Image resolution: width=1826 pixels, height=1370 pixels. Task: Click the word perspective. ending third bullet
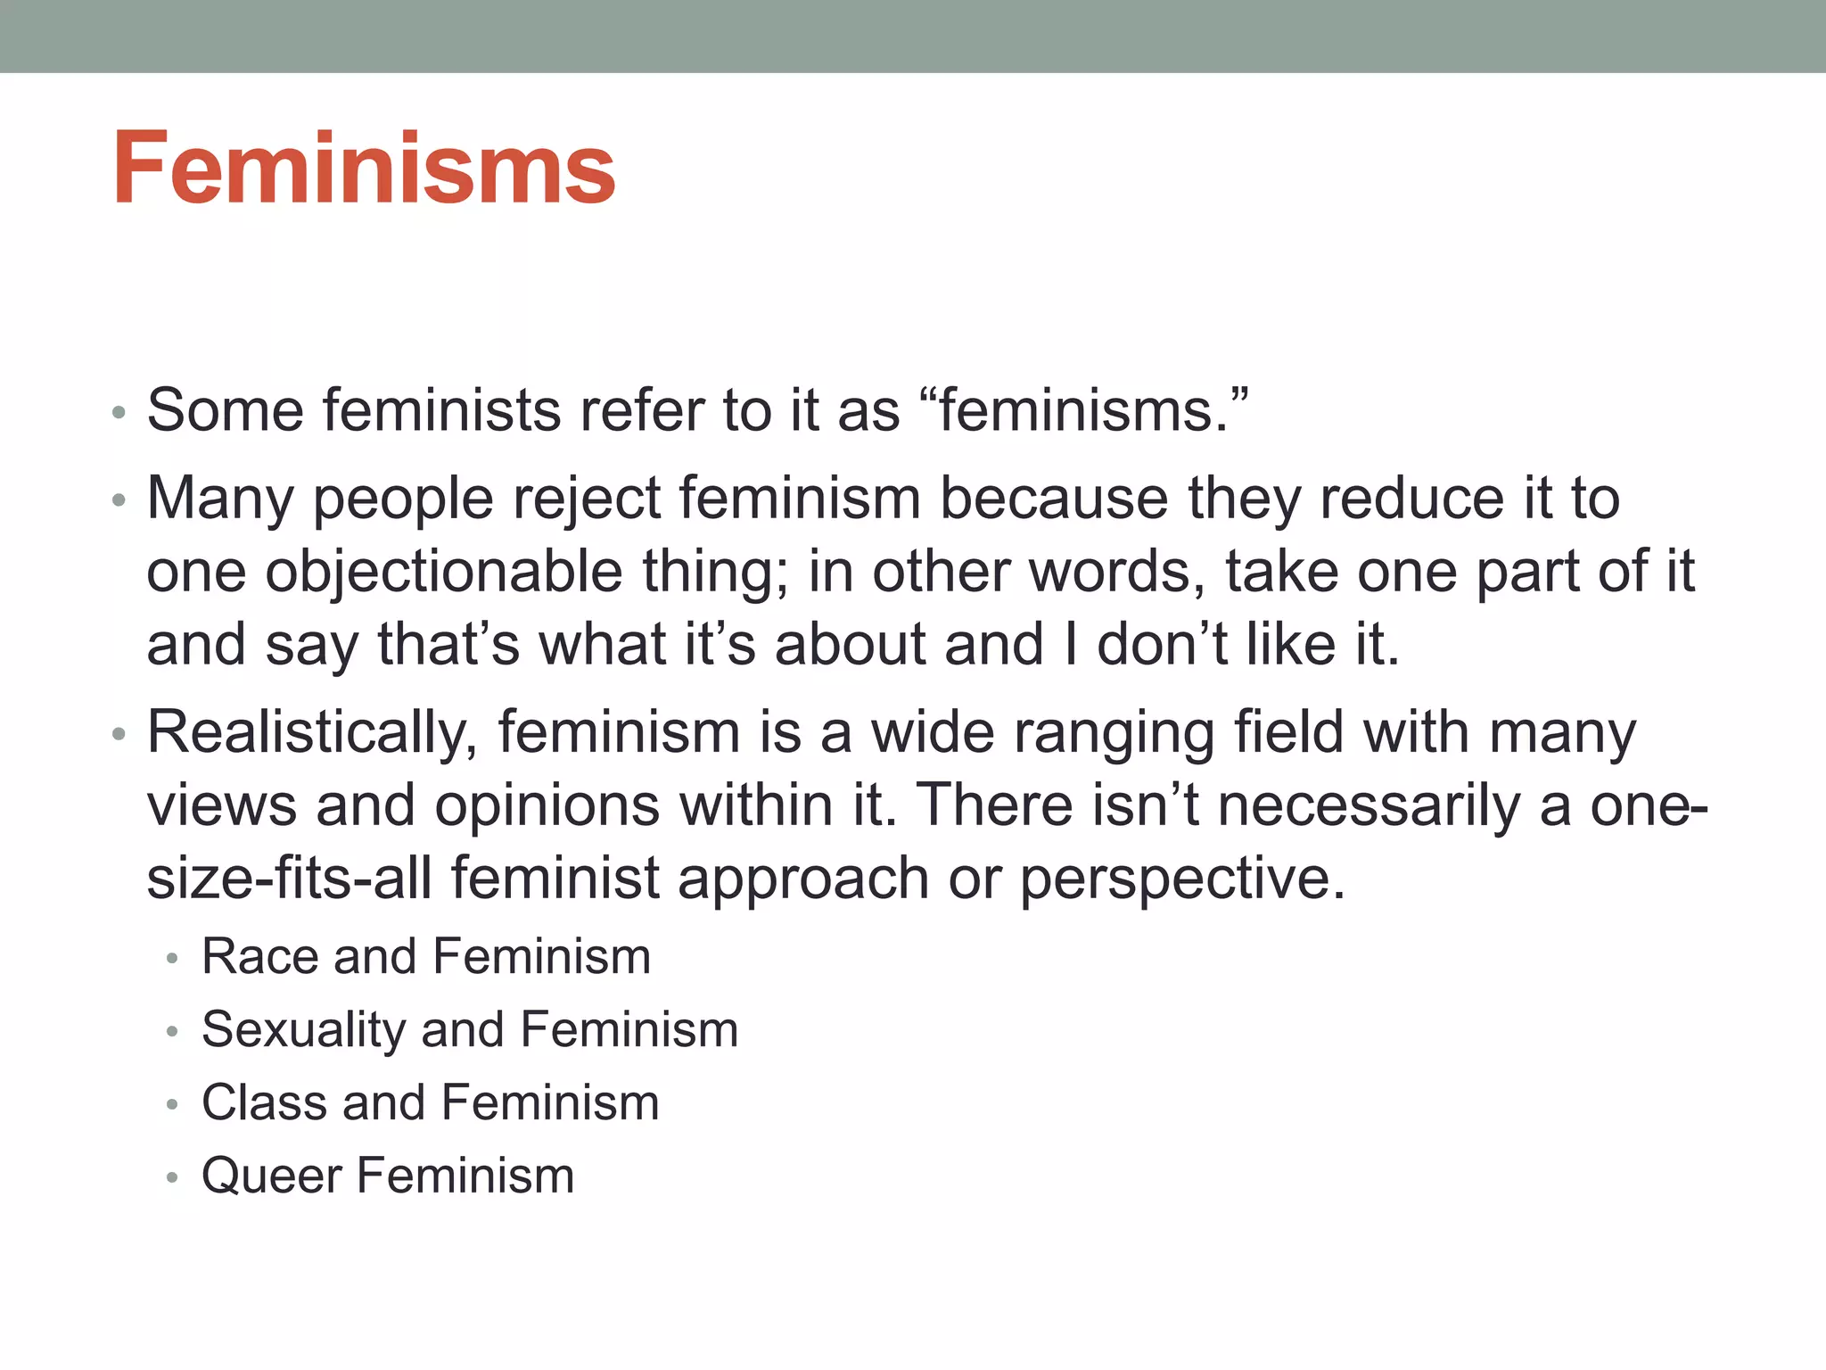click(1182, 879)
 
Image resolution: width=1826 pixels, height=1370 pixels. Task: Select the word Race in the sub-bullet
click(259, 956)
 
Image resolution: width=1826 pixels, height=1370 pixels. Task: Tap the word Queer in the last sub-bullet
click(271, 1176)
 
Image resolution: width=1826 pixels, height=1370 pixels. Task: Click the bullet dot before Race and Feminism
click(173, 960)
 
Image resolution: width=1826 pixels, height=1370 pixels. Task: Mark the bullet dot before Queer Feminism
click(173, 1178)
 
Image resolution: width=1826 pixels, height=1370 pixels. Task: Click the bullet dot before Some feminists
click(119, 414)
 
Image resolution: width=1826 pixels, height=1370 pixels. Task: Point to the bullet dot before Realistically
click(119, 736)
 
